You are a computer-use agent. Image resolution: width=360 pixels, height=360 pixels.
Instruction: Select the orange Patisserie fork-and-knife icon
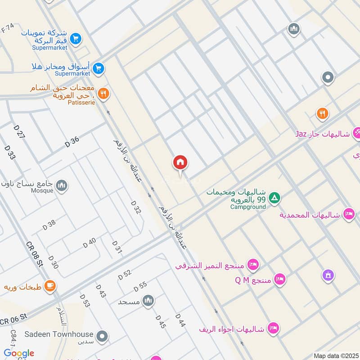click(103, 94)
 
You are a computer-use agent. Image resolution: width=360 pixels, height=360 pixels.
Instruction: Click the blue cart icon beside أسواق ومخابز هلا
click(99, 69)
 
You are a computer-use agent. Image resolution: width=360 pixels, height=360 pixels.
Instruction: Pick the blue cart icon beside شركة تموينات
click(76, 39)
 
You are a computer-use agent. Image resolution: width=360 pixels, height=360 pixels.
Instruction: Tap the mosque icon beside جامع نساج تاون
click(62, 185)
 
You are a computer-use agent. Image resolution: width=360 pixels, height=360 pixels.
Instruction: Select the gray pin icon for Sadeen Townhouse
click(103, 336)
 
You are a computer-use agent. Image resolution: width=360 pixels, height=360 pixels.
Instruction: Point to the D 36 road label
click(72, 142)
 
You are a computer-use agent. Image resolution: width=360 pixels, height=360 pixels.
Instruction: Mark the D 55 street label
click(140, 286)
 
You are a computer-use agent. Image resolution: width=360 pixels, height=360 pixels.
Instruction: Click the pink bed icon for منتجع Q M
click(280, 279)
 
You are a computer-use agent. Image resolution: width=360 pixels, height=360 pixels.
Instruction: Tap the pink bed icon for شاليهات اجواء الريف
click(272, 328)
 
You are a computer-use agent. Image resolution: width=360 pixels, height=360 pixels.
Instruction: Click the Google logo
click(19, 353)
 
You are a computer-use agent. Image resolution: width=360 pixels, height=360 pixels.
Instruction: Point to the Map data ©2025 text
click(335, 355)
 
